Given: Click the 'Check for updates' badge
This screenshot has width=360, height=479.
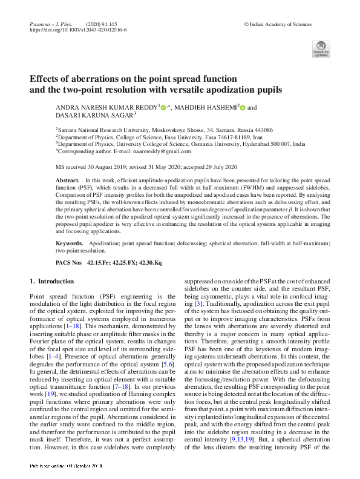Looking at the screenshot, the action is click(321, 49).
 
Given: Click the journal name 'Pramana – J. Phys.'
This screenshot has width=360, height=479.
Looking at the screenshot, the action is click(48, 22).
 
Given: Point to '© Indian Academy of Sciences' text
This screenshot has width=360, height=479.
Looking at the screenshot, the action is click(278, 22).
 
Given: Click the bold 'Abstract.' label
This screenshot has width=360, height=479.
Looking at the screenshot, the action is click(67, 181).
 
